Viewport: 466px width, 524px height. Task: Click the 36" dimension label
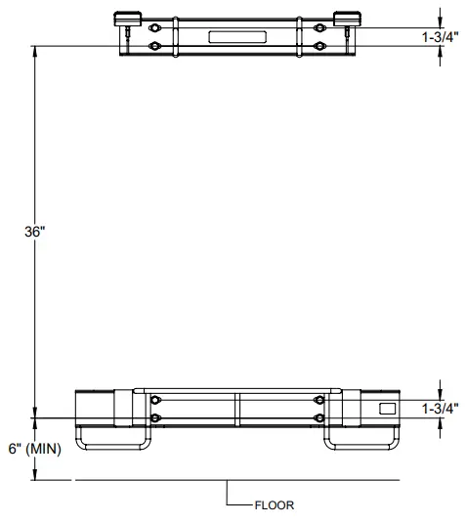click(34, 233)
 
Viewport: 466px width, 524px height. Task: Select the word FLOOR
click(274, 506)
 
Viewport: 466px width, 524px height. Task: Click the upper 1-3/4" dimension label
click(438, 37)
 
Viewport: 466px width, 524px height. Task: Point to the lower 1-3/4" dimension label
click(438, 409)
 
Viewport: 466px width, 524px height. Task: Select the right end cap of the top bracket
click(347, 18)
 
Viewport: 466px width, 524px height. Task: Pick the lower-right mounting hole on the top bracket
click(318, 46)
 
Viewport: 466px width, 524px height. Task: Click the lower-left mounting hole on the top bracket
click(154, 46)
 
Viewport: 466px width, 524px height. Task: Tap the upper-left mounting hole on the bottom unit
click(155, 400)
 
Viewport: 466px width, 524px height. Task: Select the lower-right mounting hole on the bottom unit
click(318, 418)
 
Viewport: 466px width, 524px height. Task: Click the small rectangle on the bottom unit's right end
click(387, 407)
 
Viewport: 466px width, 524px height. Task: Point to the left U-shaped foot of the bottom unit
click(112, 441)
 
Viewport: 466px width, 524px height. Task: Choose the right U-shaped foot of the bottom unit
click(360, 441)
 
